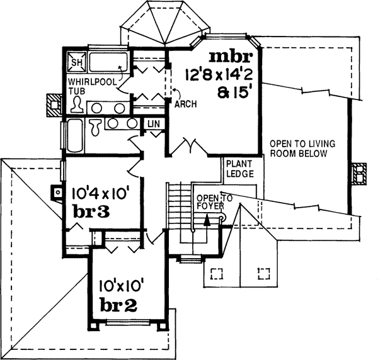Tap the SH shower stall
click(76, 62)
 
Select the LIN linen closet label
click(154, 124)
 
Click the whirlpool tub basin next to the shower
click(108, 62)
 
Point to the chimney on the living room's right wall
click(359, 173)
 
